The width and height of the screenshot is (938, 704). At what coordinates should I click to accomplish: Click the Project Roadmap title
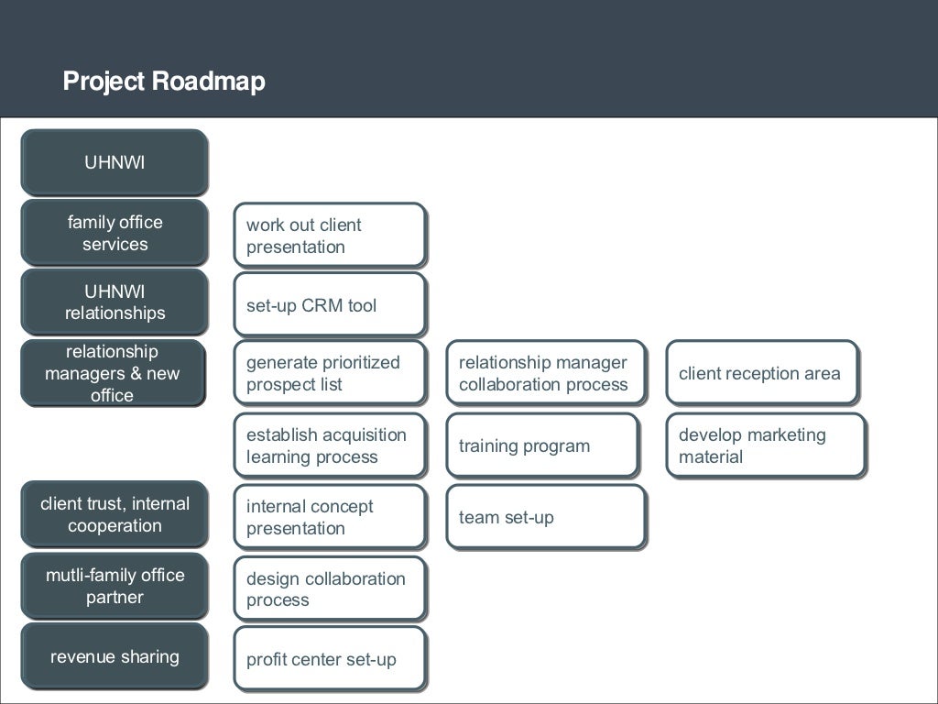[x=164, y=82]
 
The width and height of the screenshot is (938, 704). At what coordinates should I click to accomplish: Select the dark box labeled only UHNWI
[x=115, y=162]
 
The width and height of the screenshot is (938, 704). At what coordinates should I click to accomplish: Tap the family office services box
[x=115, y=233]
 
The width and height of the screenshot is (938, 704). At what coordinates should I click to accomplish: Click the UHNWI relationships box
[x=115, y=302]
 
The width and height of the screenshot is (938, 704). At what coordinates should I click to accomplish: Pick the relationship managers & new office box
[x=113, y=373]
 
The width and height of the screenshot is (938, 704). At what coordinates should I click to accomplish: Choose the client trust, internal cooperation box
[x=115, y=514]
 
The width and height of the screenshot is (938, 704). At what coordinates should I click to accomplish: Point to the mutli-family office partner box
[x=115, y=586]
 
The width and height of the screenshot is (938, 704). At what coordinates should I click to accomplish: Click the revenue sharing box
[x=115, y=656]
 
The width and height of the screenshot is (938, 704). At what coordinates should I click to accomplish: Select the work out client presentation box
[x=329, y=236]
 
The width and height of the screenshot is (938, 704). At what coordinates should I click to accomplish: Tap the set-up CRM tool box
[x=329, y=304]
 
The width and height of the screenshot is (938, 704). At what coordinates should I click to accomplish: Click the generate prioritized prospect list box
[x=329, y=373]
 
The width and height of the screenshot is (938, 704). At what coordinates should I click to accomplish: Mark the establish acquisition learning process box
[x=329, y=445]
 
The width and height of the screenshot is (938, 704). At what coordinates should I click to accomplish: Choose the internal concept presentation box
[x=329, y=517]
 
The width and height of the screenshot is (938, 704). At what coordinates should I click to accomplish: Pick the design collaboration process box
[x=329, y=588]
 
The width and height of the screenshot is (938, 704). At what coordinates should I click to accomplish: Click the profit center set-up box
[x=329, y=659]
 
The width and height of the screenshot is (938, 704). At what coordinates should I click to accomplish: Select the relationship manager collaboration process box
[x=546, y=373]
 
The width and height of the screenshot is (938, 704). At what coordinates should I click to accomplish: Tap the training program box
[x=542, y=445]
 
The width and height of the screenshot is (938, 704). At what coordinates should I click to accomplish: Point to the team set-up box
[x=546, y=517]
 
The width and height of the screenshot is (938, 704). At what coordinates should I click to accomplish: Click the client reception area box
[x=762, y=373]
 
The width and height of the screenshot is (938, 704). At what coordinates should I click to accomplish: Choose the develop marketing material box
[x=766, y=445]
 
